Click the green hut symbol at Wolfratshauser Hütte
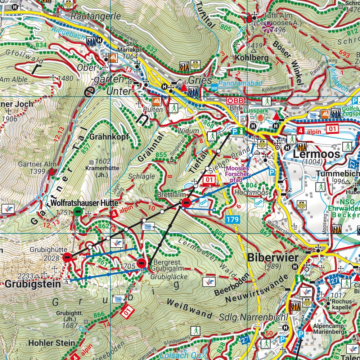tap(77, 211)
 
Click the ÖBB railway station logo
tap(235, 100)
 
